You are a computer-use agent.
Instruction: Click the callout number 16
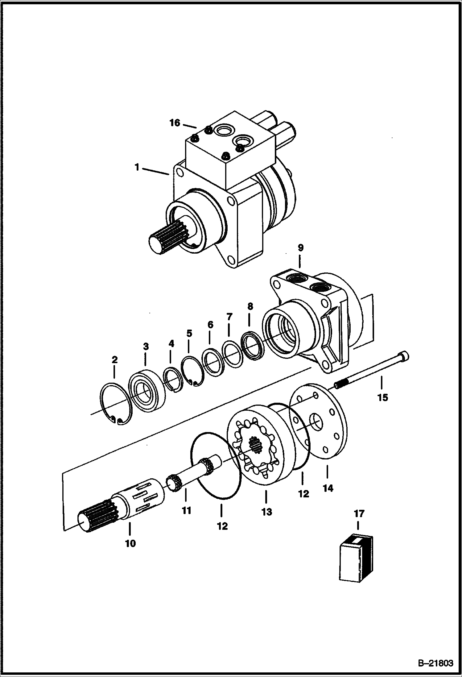click(x=175, y=123)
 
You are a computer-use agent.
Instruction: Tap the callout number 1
click(x=137, y=168)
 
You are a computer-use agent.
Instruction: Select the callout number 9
click(x=301, y=247)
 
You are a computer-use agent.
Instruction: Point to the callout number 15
click(x=382, y=397)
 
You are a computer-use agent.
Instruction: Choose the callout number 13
click(x=267, y=512)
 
